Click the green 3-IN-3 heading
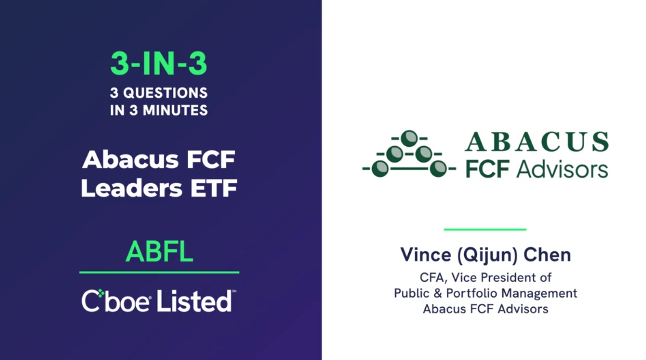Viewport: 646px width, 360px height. [x=159, y=63]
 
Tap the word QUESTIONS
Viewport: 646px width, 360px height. [x=166, y=93]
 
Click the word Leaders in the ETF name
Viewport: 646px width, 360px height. [x=131, y=188]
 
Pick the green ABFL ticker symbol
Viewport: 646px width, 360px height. [x=159, y=251]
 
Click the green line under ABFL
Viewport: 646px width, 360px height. [x=159, y=272]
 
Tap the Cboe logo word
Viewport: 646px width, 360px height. [x=116, y=301]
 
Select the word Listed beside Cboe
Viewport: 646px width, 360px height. [x=194, y=301]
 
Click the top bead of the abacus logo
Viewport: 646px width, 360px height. [x=409, y=138]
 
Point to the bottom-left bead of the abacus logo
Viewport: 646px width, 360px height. [x=380, y=168]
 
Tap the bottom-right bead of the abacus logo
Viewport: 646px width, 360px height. [x=438, y=168]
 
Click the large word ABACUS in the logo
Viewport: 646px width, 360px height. [x=537, y=142]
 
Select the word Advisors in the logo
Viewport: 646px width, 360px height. [x=562, y=169]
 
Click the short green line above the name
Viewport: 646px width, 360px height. [x=485, y=230]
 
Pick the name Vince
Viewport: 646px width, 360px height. [x=426, y=255]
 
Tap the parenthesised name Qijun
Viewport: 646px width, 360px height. [x=487, y=255]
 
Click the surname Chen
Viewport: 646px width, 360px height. [x=547, y=255]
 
